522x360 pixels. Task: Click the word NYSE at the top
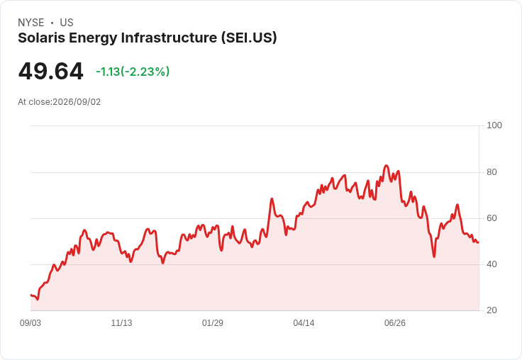coord(31,23)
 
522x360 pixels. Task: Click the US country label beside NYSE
coord(67,23)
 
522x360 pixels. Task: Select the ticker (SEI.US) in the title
coord(249,38)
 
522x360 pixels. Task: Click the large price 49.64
coord(50,71)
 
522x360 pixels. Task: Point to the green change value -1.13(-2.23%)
coord(133,72)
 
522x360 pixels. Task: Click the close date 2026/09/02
coord(77,102)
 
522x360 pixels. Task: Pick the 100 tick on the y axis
coord(494,125)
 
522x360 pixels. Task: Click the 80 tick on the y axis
coord(492,172)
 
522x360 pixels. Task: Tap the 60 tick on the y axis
coord(492,218)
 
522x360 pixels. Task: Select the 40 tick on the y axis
coord(492,264)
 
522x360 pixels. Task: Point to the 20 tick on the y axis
coord(492,310)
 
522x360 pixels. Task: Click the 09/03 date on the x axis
coord(30,323)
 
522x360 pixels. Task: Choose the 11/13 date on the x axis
coord(121,323)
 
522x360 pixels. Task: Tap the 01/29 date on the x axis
coord(212,323)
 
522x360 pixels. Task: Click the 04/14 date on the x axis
coord(304,323)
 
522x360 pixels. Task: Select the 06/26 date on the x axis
coord(395,323)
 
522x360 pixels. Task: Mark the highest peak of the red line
coord(386,165)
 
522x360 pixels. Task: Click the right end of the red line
coord(479,242)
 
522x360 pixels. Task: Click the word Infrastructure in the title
coord(169,38)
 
